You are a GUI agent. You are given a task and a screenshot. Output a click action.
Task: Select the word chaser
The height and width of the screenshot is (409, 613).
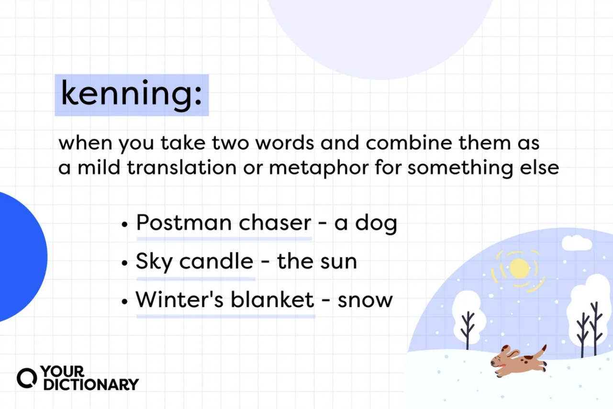(275, 222)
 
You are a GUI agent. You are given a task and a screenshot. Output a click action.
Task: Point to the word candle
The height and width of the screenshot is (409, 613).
(216, 261)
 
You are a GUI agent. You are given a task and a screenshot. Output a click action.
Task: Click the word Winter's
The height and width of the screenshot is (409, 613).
(179, 300)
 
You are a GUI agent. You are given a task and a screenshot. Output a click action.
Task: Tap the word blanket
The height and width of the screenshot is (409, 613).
(272, 300)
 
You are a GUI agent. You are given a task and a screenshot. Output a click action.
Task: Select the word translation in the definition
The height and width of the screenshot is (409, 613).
(182, 167)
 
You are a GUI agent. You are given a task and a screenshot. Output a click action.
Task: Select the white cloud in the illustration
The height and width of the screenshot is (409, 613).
(577, 243)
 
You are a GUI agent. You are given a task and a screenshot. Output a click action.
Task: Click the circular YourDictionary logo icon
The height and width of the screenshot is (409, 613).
(26, 378)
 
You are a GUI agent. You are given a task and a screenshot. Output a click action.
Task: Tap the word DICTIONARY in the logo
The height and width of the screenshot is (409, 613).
(91, 385)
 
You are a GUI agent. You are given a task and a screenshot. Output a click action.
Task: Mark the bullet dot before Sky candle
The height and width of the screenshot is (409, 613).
(125, 263)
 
